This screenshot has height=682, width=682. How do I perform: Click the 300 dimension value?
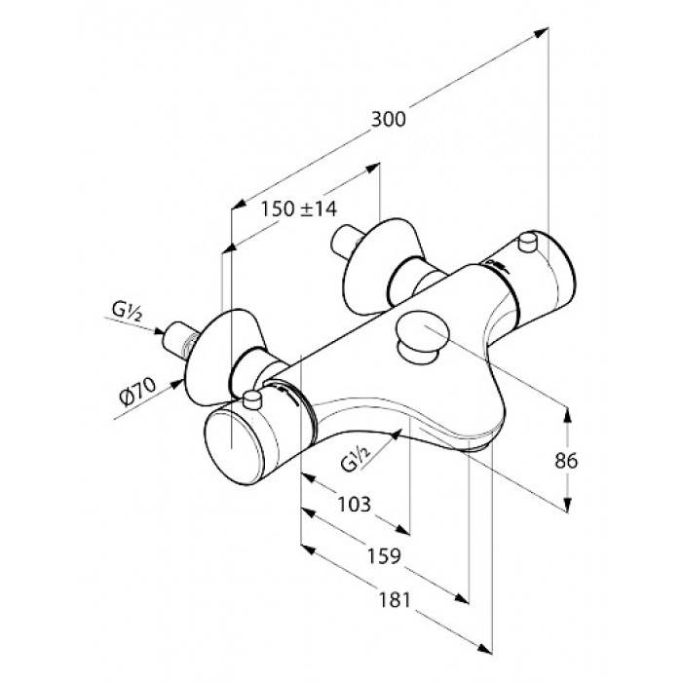[x=388, y=119]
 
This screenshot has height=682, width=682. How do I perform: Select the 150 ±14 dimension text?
[x=298, y=208]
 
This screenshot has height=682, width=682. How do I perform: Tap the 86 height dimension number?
[x=566, y=461]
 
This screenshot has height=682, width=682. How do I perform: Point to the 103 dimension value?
[x=355, y=504]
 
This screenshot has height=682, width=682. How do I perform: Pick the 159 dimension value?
[x=384, y=556]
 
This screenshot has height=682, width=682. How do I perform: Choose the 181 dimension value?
[x=395, y=600]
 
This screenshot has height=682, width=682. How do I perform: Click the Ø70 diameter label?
[x=137, y=391]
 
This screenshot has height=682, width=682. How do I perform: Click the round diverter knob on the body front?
[x=422, y=334]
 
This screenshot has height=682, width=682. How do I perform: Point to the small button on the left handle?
[x=252, y=399]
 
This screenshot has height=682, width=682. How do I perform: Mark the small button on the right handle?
[x=529, y=242]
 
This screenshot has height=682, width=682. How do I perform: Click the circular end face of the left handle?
[x=234, y=448]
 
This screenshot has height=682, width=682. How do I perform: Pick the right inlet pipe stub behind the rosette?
[x=346, y=244]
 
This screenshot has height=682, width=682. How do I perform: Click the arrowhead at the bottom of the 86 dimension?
[x=567, y=505]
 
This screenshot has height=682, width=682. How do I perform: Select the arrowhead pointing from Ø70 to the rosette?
[x=176, y=385]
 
